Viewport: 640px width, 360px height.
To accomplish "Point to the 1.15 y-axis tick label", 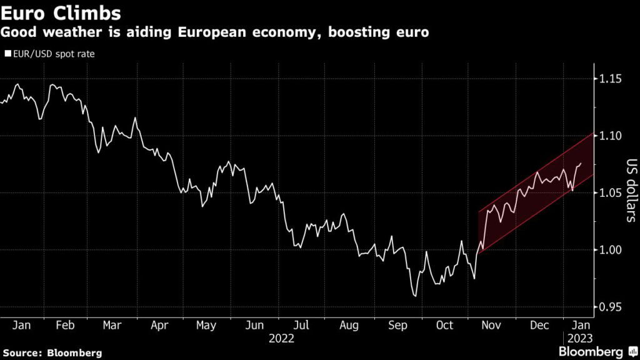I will (612, 79).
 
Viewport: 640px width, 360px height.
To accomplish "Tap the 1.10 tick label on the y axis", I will (612, 136).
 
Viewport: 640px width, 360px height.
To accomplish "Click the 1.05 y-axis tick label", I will (612, 193).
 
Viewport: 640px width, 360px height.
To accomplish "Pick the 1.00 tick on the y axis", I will (612, 250).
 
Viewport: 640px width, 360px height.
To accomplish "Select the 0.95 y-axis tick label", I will (612, 307).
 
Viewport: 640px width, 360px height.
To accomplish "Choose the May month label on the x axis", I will (206, 326).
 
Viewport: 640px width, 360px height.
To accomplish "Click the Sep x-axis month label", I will (397, 326).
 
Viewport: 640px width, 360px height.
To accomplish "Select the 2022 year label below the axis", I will (281, 338).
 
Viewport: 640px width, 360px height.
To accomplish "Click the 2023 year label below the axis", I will (579, 338).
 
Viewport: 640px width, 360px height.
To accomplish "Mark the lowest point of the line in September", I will (414, 296).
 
